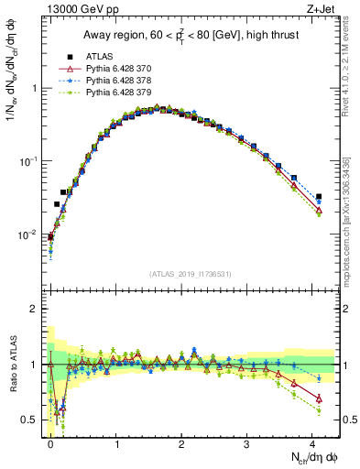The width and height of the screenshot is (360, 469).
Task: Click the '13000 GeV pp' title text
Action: tap(77, 8)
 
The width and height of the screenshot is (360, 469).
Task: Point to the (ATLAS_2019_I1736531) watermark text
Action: tap(191, 275)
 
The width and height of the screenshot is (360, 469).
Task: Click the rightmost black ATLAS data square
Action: tap(319, 197)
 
